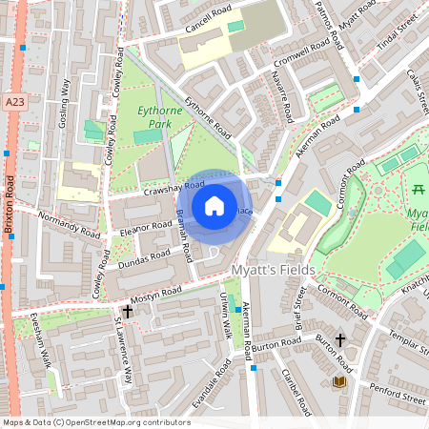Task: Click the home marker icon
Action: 214,206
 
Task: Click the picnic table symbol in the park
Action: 417,189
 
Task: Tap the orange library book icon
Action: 337,382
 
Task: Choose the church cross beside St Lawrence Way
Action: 127,311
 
